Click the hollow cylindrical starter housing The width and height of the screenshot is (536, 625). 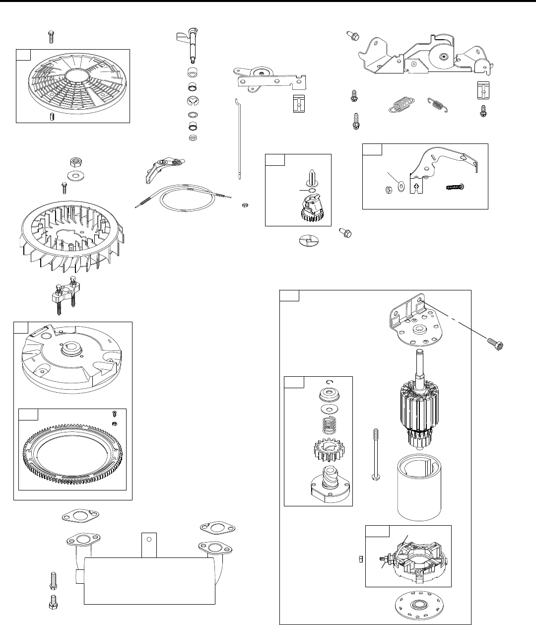click(x=420, y=486)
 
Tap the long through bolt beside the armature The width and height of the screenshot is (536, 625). click(x=376, y=454)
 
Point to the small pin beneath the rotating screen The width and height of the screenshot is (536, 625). click(x=51, y=117)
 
